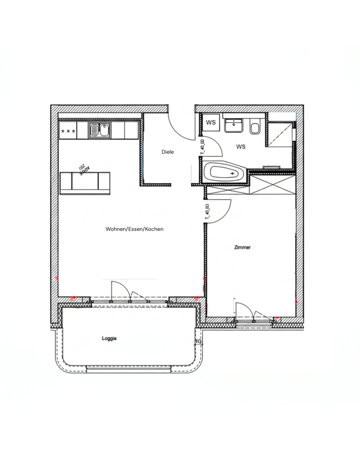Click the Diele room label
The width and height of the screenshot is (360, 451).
pos(167,152)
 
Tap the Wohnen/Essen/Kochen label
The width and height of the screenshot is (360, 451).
pos(134,229)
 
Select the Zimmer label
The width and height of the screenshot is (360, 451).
pos(242,248)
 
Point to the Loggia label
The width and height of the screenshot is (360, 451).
pos(109,339)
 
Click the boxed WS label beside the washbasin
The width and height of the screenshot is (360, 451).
pos(211,122)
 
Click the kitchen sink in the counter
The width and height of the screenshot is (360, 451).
pos(99,131)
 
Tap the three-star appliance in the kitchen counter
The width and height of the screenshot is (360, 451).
pos(68,131)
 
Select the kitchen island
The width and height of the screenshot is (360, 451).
pos(84,182)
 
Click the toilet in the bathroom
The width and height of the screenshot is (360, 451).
pos(255,128)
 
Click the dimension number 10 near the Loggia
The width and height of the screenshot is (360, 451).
pos(198,342)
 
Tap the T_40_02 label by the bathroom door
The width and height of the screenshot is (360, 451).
pos(202,148)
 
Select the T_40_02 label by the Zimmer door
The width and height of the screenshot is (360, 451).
pos(206,212)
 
